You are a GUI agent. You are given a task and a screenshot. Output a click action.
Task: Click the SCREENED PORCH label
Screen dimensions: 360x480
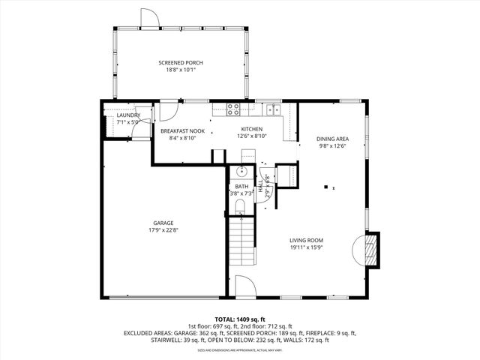[x=180, y=62]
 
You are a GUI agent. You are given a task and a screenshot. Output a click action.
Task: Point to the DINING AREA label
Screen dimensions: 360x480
[x=331, y=139]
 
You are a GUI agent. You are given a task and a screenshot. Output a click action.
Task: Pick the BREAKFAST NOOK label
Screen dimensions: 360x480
[x=182, y=130]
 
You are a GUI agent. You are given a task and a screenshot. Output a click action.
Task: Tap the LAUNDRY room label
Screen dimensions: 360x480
[x=128, y=115]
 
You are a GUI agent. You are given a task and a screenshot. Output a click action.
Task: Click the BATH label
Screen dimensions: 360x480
[x=241, y=187]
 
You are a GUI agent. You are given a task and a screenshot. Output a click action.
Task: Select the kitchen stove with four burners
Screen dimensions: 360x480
[x=233, y=109]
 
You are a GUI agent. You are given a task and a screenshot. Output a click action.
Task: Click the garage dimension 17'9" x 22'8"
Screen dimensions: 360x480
[x=166, y=230]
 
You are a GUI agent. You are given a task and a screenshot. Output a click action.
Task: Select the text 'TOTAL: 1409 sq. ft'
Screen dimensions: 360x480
[x=240, y=319]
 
